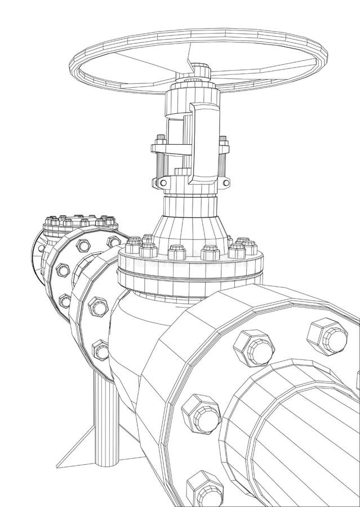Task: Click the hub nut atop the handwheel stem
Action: point(199,69)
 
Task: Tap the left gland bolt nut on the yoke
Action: point(160,138)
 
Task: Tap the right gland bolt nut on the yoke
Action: point(224,141)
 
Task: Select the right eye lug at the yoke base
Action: point(225,182)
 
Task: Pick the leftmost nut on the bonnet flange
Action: point(134,246)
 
